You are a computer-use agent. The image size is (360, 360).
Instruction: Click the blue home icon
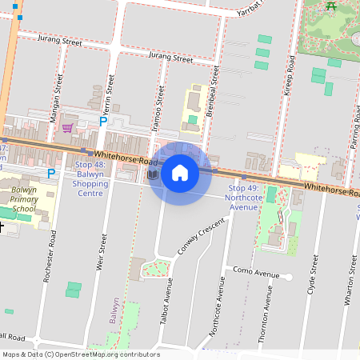(x=180, y=173)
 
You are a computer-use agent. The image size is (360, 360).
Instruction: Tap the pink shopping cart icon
(x=68, y=127)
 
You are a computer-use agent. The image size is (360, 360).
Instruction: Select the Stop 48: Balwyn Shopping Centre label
(x=90, y=178)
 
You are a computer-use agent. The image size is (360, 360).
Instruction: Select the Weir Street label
(x=101, y=253)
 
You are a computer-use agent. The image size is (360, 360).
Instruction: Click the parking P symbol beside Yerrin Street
(x=102, y=121)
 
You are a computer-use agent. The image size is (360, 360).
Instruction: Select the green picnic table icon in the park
(x=331, y=6)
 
